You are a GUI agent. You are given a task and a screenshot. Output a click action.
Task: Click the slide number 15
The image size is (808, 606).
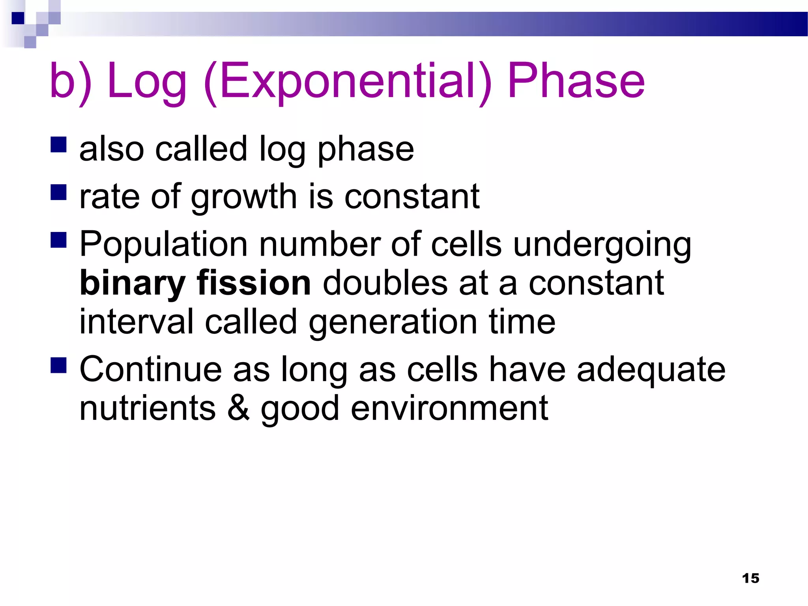pyautogui.click(x=750, y=578)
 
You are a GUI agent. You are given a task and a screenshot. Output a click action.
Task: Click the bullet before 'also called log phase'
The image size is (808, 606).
pyautogui.click(x=58, y=144)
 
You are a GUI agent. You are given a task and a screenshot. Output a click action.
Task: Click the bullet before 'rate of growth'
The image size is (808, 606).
pyautogui.click(x=58, y=193)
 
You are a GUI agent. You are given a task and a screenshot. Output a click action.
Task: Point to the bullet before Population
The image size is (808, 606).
pyautogui.click(x=58, y=239)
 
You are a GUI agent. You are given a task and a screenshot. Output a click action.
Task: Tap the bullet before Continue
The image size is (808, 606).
pyautogui.click(x=58, y=365)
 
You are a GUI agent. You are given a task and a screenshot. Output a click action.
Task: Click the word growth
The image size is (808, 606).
pyautogui.click(x=243, y=197)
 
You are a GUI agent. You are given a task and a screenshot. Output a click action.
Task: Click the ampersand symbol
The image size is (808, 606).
pyautogui.click(x=238, y=408)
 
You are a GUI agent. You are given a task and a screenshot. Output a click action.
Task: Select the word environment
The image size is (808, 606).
pyautogui.click(x=449, y=409)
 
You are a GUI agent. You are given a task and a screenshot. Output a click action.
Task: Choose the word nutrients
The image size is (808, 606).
pyautogui.click(x=148, y=409)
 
